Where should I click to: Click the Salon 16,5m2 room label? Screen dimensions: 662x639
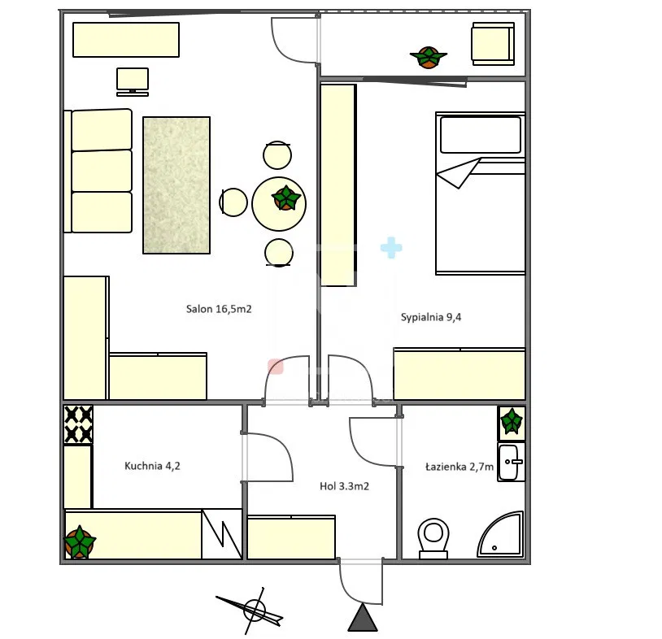coord(219,309)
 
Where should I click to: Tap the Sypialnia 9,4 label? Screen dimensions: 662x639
coord(431,317)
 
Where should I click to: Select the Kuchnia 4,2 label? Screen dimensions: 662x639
coord(152,466)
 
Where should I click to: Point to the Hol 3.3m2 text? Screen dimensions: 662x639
coord(344,486)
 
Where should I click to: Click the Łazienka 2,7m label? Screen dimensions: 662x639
coord(459,467)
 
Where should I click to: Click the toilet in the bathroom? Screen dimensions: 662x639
coord(433,538)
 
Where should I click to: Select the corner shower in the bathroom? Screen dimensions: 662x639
coord(501,534)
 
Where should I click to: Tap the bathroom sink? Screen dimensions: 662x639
coord(511,462)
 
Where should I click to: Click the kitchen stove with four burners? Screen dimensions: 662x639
coord(78,424)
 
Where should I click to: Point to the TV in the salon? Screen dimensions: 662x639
coord(133,81)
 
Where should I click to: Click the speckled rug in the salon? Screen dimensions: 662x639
coord(176,185)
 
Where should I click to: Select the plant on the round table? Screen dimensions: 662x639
coord(285,198)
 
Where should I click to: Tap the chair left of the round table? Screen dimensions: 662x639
coord(233,202)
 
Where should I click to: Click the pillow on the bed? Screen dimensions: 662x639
coord(481,135)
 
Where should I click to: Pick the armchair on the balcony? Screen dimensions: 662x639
coord(493,44)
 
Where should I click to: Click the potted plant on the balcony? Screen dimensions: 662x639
coord(428,57)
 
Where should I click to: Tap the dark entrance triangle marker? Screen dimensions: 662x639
coord(363,618)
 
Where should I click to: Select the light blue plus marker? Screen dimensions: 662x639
coord(391,248)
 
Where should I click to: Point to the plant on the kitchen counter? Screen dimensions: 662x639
coord(80,542)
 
